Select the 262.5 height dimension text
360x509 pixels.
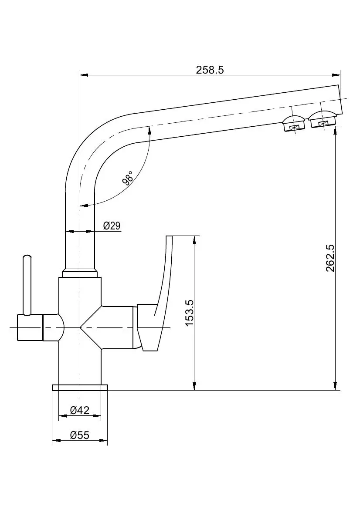(x=330, y=258)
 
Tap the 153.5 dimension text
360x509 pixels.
(x=189, y=313)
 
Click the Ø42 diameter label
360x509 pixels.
(x=80, y=410)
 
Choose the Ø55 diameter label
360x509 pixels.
(x=80, y=435)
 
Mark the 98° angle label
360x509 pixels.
(x=127, y=179)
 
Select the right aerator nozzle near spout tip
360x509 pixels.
(x=323, y=119)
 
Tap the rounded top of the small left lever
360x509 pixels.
(x=27, y=257)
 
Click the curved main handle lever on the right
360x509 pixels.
(x=161, y=283)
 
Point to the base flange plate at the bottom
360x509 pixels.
(x=80, y=388)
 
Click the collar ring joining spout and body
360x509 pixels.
(x=80, y=273)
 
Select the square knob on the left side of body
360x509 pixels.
(x=30, y=327)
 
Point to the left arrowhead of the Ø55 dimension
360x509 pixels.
(x=55, y=441)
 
